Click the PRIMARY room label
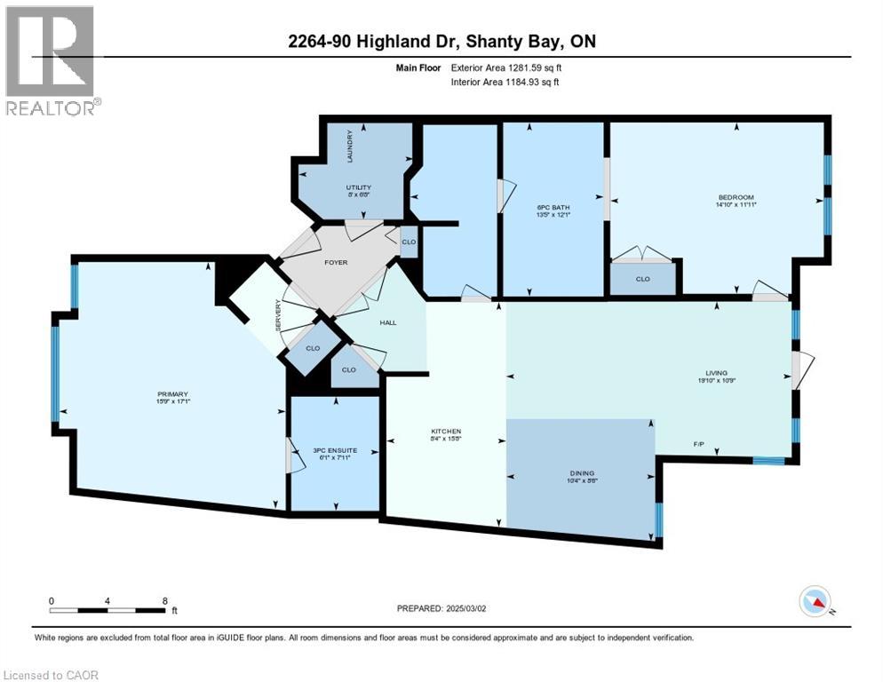click(174, 394)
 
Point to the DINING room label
click(583, 473)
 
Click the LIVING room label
click(717, 374)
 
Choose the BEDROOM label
click(736, 197)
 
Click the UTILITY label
click(358, 187)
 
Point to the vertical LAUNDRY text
click(351, 146)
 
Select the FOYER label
click(336, 262)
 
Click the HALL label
click(388, 322)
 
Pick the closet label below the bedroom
click(642, 279)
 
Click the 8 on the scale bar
click(165, 600)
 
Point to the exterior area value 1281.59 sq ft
click(528, 67)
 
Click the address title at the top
click(442, 43)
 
